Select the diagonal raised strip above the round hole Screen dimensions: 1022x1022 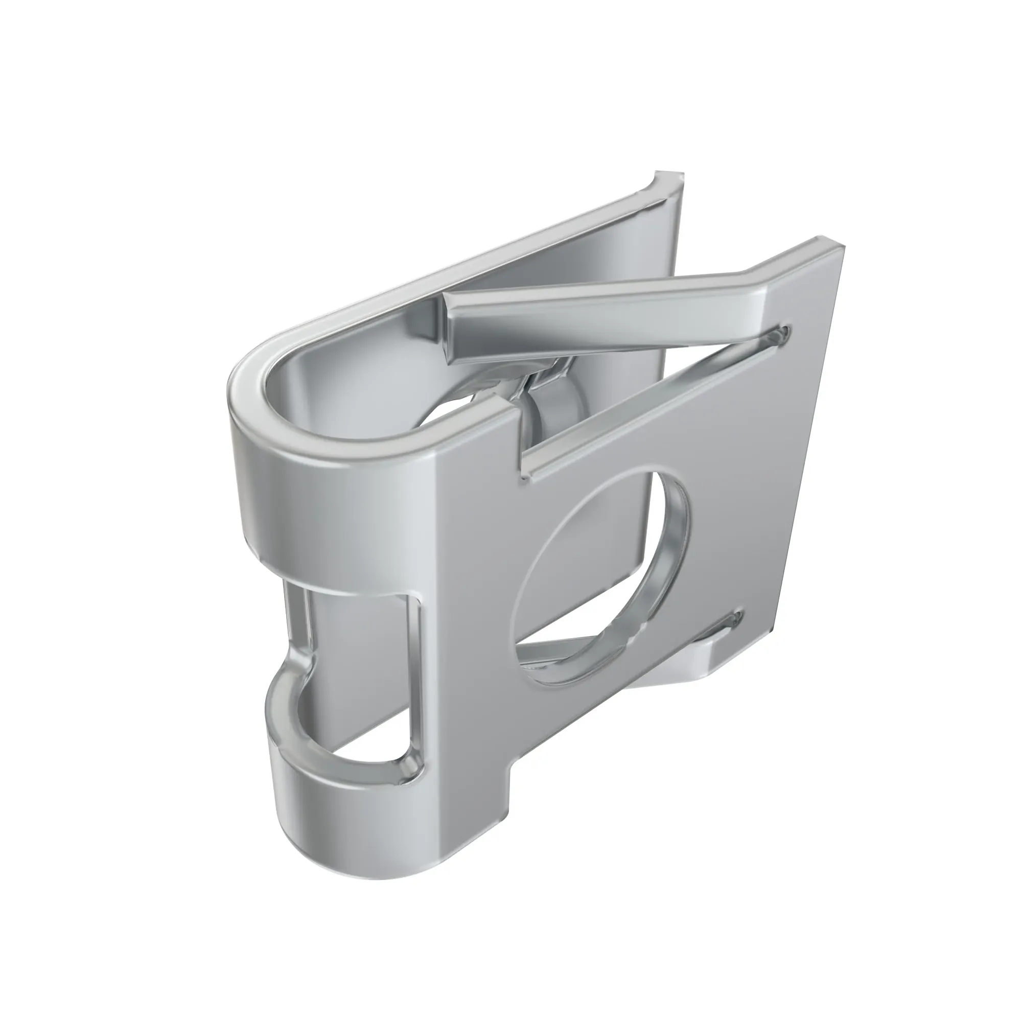tap(651, 402)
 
